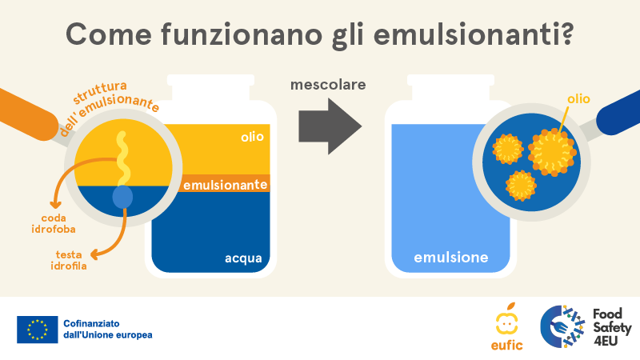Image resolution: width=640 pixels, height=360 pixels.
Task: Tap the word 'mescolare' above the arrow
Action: coord(328,85)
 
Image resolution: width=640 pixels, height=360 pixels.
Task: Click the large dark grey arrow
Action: coord(330,126)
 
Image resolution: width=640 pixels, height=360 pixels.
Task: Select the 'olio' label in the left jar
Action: coord(252,136)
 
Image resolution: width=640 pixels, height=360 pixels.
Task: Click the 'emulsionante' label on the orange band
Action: coord(226,185)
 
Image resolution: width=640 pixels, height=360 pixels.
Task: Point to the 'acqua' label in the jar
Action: coord(243,258)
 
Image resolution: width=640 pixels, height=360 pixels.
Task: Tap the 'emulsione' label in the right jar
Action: coord(451,257)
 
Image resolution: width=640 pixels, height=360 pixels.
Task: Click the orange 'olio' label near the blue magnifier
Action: coord(578,98)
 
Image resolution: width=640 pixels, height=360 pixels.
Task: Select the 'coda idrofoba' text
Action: coord(54,224)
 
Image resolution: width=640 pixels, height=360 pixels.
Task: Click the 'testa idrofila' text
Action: coord(69,261)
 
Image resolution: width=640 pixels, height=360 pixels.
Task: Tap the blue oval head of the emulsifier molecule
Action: coord(122,197)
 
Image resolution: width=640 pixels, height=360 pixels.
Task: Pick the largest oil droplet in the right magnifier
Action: coord(552,152)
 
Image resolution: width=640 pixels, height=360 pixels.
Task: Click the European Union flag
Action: coord(37,330)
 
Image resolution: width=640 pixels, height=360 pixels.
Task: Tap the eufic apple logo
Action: coord(506,327)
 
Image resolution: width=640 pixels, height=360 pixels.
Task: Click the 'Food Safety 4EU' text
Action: coord(612,327)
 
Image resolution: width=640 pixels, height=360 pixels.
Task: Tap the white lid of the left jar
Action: coord(210,87)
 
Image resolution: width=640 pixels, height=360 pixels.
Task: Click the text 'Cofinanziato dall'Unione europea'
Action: coord(108,330)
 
